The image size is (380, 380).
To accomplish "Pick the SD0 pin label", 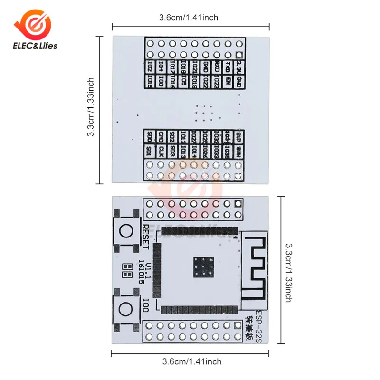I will [x=150, y=137].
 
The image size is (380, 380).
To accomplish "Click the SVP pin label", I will [x=240, y=137].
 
